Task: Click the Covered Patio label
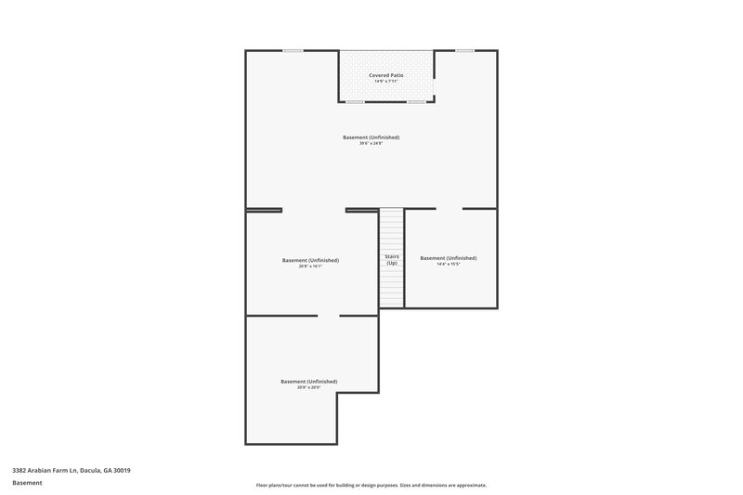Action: pos(385,74)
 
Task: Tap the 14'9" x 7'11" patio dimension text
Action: pos(385,82)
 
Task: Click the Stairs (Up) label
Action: pos(392,259)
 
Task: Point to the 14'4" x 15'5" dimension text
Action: pos(449,265)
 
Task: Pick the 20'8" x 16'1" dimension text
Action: pos(310,267)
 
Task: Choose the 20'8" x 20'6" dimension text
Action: pos(309,387)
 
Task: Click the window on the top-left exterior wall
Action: pos(293,50)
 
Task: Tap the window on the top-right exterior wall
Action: pos(464,50)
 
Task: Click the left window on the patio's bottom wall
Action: pos(355,101)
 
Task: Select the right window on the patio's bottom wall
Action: pos(416,101)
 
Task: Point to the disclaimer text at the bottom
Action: pos(371,485)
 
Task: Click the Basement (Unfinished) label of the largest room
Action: pos(371,137)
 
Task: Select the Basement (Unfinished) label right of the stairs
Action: pos(449,257)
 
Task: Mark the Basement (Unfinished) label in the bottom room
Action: pos(309,381)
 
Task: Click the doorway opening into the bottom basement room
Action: pos(329,316)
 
